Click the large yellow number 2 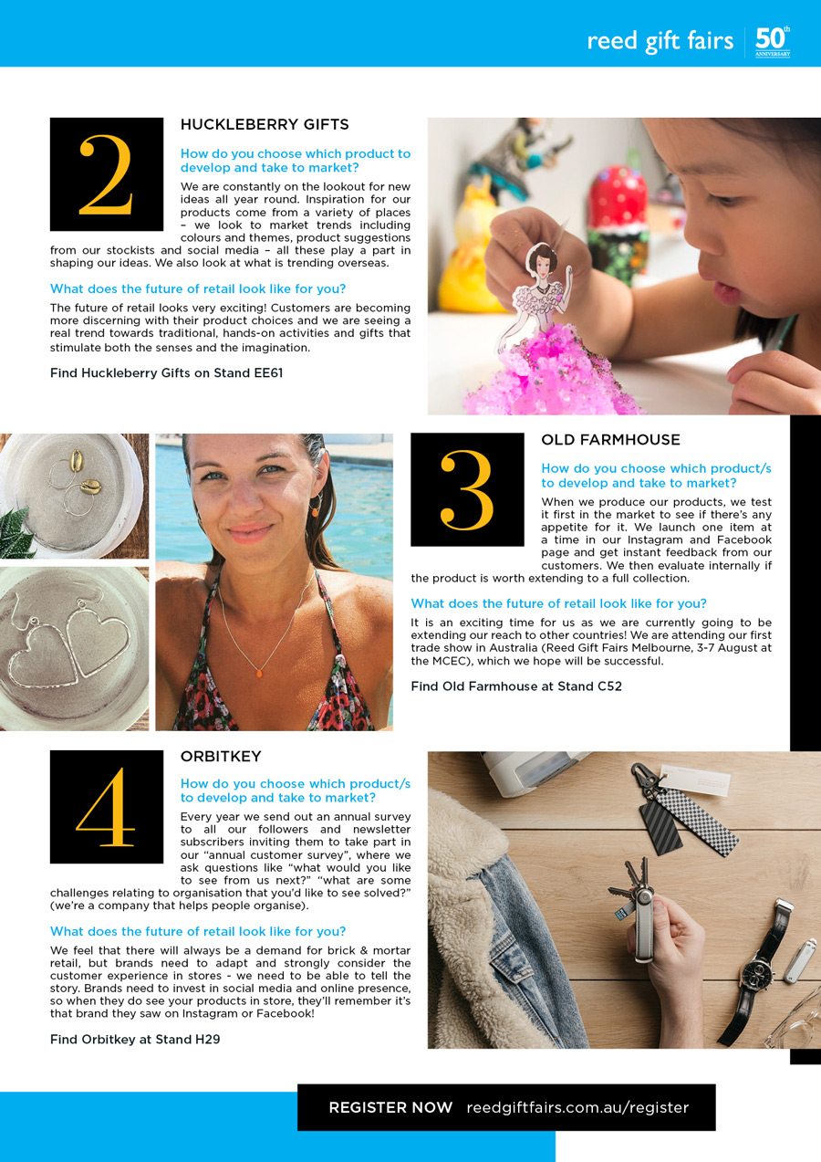[x=107, y=175]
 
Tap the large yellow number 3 [x=467, y=490]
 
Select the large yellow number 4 [x=106, y=807]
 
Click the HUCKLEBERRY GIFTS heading [x=265, y=124]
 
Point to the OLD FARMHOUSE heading [x=610, y=440]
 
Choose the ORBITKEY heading [x=221, y=757]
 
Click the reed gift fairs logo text [x=660, y=41]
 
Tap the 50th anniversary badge [x=772, y=42]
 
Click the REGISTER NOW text [x=390, y=1107]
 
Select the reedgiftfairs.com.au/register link [x=577, y=1107]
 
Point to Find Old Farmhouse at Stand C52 [x=516, y=686]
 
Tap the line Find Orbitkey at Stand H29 [x=135, y=1039]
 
